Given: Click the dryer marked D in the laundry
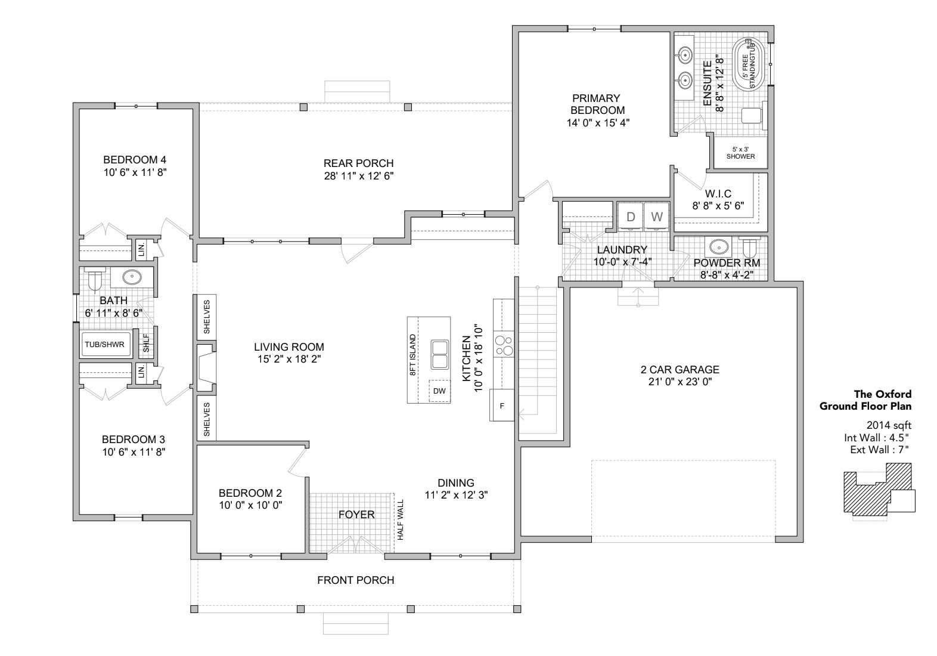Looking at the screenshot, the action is point(631,217).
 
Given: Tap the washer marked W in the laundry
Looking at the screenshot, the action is point(657,217).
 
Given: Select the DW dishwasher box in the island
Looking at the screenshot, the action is point(439,391).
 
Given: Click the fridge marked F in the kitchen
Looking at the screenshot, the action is point(502,406).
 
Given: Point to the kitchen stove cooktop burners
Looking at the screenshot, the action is point(504,344).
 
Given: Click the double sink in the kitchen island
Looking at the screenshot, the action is point(440,355).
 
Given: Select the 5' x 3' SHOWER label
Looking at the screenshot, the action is point(740,153).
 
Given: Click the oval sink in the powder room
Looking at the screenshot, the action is point(718,247).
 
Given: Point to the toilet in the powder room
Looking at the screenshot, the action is point(749,248).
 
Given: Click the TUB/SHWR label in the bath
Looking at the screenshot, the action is point(104,345).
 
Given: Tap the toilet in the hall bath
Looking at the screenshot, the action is point(95,279).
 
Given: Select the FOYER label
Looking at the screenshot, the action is point(356,515).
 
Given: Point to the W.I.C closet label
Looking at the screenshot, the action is point(718,194).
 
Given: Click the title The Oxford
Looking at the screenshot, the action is point(883,394).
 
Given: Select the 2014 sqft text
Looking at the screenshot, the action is point(889,425).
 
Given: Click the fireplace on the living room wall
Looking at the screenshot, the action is point(206,367).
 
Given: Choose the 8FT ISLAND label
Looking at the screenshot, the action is point(412,355).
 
